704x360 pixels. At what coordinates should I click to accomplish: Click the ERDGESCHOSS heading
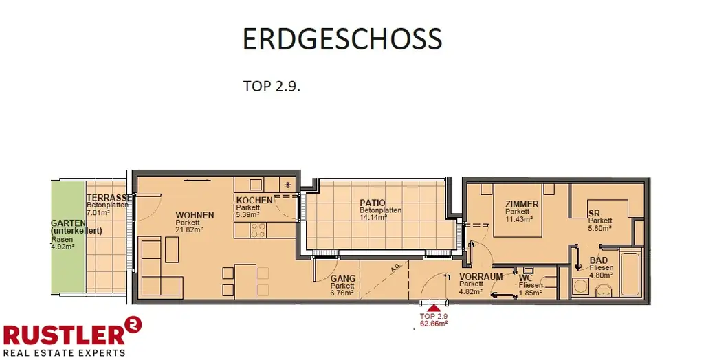click(x=342, y=40)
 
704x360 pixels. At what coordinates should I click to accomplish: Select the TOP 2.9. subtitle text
click(x=272, y=87)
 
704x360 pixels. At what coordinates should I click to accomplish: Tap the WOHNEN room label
click(x=195, y=215)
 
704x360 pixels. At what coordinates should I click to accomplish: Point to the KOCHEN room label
click(x=254, y=200)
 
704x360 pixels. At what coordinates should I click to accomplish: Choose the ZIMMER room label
click(x=521, y=205)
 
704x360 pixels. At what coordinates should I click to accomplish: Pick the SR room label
click(x=595, y=214)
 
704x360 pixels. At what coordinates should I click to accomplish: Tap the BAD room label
click(x=599, y=261)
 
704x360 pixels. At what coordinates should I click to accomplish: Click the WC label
click(x=527, y=278)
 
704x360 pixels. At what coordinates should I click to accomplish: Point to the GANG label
click(x=342, y=279)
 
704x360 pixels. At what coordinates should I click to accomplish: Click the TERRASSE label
click(x=107, y=197)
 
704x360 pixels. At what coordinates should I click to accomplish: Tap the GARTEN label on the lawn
click(x=69, y=223)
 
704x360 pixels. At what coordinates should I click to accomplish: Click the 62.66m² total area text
click(x=434, y=324)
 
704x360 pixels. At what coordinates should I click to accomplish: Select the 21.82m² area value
click(x=189, y=230)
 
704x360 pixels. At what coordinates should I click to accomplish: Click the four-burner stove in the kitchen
click(x=258, y=231)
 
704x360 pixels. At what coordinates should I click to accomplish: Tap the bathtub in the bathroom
click(x=630, y=275)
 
